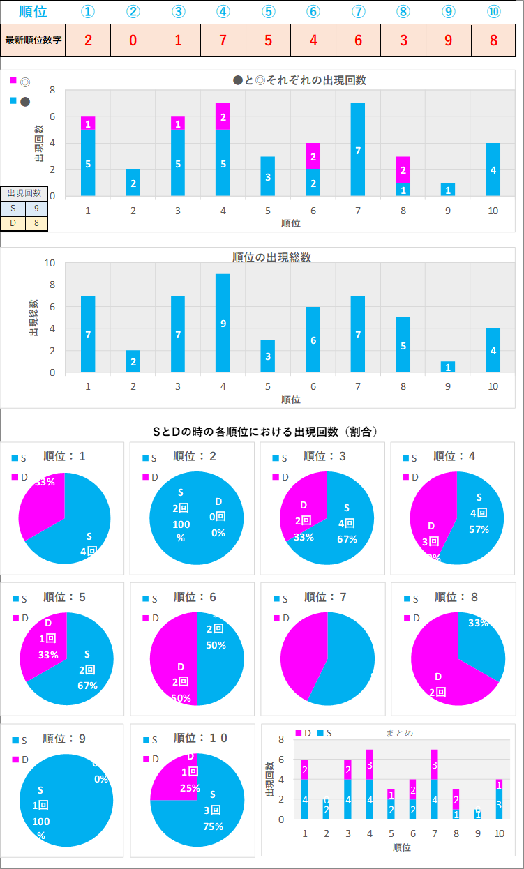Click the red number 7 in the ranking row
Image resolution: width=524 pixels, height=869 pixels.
223,40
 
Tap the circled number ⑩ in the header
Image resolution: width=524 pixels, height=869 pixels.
493,12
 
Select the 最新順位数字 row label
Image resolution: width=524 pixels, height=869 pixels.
33,40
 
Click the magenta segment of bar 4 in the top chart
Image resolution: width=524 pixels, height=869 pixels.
223,116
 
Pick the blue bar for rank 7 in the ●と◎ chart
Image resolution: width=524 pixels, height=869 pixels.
358,149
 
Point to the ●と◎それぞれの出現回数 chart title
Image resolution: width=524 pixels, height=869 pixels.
299,80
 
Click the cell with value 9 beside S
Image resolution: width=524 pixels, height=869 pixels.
36,207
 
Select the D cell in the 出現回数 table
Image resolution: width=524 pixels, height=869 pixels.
13,223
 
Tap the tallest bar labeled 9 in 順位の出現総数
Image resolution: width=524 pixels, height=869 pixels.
223,323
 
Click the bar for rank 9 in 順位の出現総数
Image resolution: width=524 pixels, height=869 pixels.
448,367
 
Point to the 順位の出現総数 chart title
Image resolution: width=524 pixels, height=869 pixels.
271,257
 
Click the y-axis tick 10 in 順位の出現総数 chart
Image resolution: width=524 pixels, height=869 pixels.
50,264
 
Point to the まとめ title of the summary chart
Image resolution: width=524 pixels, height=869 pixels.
400,733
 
